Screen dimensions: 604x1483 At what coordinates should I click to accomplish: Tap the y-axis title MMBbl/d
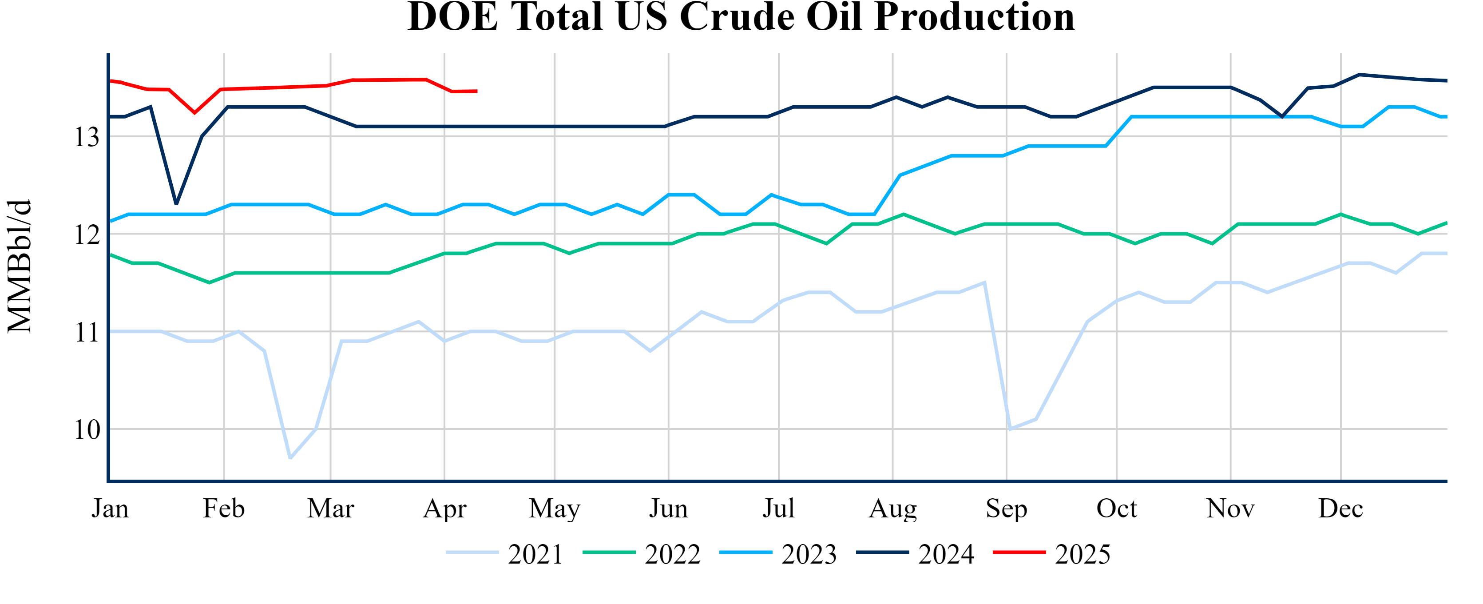(x=20, y=266)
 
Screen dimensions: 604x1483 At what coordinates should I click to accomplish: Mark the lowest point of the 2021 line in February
(x=290, y=458)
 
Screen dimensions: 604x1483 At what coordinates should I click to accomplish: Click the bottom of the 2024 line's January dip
(x=176, y=204)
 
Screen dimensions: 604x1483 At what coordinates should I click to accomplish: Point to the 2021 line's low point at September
(x=1010, y=429)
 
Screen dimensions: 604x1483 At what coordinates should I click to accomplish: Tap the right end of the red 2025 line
(x=477, y=91)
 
